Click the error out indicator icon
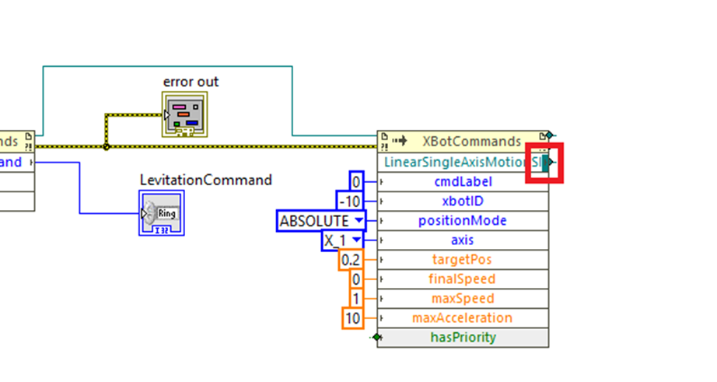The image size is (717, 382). [185, 114]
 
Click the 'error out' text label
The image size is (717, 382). [191, 82]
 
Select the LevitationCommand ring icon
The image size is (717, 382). [162, 212]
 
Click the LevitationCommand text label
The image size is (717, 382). [206, 180]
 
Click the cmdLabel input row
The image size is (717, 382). [463, 182]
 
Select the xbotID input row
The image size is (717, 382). [463, 202]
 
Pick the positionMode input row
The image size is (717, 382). [463, 221]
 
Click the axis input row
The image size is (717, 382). [463, 240]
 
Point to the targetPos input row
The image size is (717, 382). [463, 260]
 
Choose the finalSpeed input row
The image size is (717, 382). [463, 279]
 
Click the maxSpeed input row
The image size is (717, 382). [463, 299]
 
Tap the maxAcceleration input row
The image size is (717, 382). [463, 318]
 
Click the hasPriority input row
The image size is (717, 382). [463, 338]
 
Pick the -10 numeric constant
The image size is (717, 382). [350, 202]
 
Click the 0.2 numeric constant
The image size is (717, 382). [351, 260]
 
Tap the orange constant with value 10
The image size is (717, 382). [352, 318]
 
